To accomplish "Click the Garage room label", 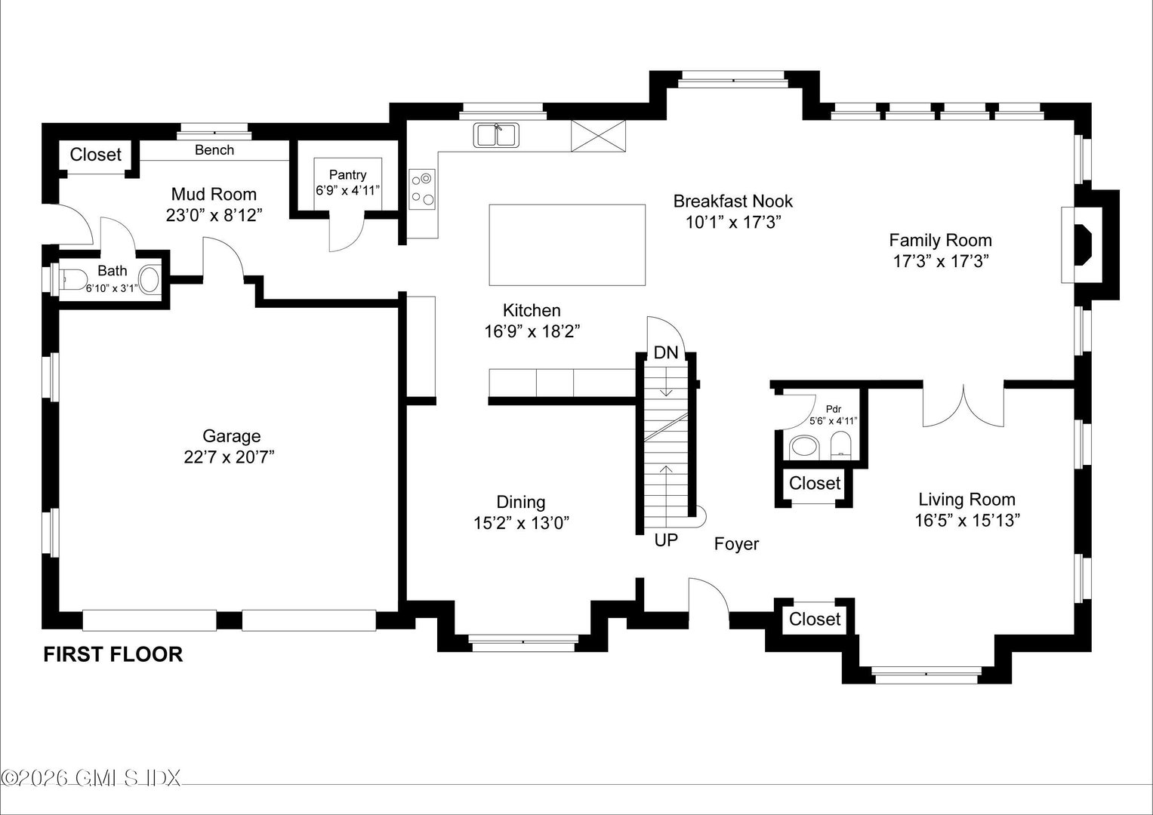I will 231,436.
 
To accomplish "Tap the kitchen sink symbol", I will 496,136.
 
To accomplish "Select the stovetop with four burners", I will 422,189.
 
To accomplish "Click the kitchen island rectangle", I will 567,244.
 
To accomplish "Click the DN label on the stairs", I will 665,352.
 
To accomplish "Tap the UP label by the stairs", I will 665,540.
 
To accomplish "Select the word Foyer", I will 736,544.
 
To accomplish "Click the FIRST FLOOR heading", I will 113,654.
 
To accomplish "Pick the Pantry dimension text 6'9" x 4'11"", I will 347,190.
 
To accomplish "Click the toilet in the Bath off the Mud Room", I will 70,279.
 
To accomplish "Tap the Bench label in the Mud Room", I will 214,150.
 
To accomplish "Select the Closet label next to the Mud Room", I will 95,155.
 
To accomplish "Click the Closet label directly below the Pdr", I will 814,483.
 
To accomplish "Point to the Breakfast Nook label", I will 732,201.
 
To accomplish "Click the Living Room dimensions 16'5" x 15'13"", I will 966,520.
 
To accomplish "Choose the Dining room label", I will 520,503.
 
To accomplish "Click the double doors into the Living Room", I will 963,407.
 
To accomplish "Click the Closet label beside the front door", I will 814,620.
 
